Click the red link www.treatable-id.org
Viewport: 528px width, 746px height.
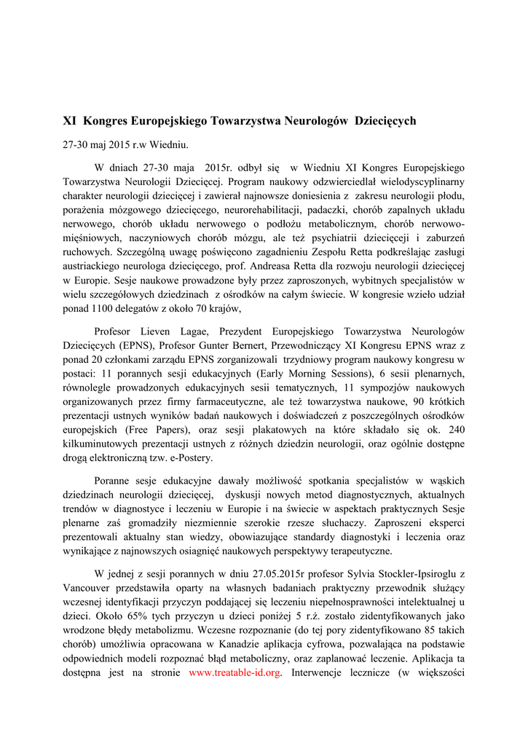(235, 672)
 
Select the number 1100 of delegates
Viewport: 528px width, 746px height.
(102, 309)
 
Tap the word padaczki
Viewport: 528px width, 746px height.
(306, 211)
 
